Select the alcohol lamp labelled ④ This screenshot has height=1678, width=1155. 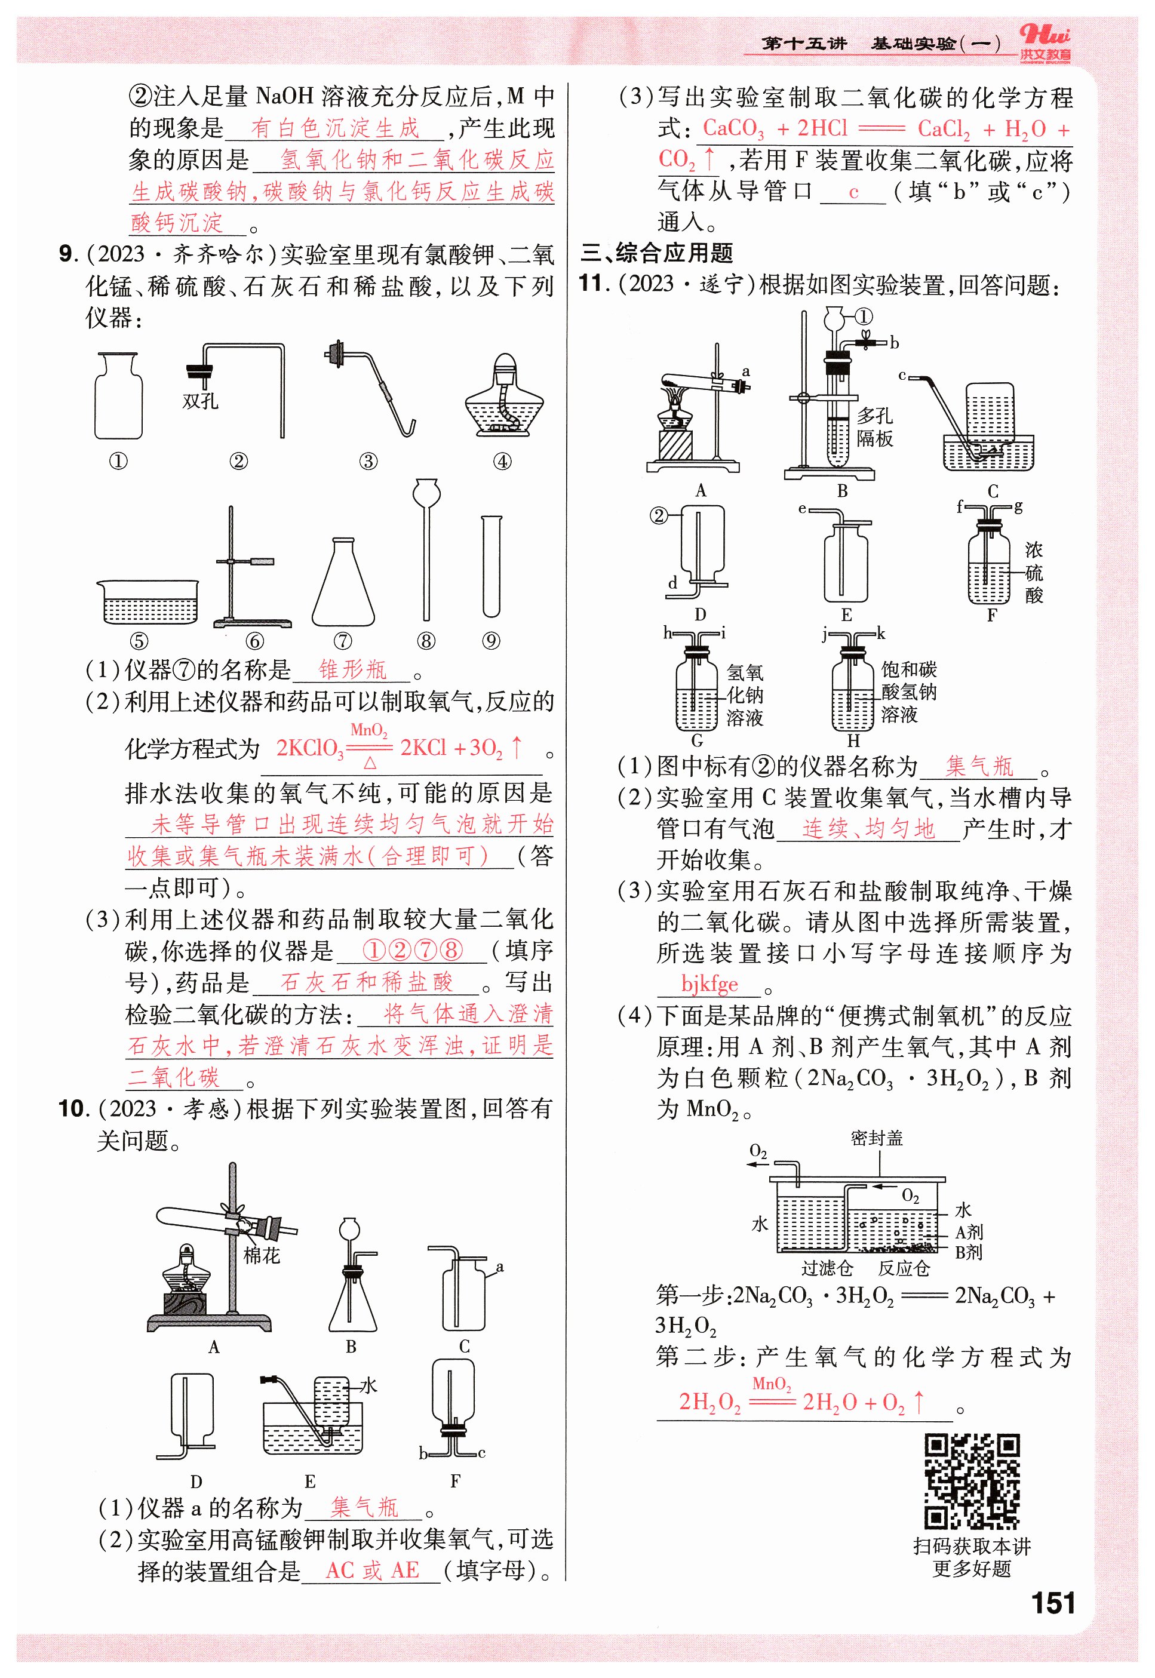click(503, 397)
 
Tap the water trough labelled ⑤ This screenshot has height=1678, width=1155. click(148, 601)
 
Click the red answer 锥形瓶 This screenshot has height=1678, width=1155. click(352, 669)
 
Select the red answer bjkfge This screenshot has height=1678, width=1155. click(709, 984)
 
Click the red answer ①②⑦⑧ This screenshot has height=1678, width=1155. click(413, 950)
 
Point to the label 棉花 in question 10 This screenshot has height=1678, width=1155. click(261, 1255)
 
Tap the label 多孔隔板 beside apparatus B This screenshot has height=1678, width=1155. click(874, 427)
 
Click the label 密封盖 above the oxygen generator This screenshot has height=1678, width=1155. click(876, 1138)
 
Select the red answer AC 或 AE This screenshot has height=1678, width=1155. click(372, 1570)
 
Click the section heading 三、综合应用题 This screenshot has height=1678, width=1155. click(657, 253)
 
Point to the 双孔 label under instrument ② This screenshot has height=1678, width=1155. click(201, 401)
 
